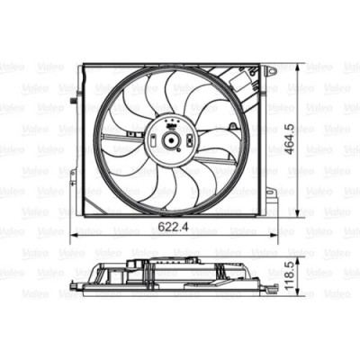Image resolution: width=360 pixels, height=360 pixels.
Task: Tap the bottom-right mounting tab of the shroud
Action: [269, 192]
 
